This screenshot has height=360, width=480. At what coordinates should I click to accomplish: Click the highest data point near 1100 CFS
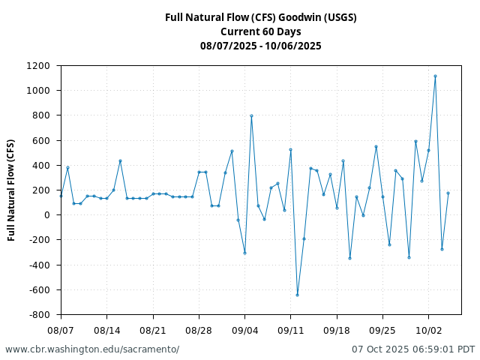click(435, 76)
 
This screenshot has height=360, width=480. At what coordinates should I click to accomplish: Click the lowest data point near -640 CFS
click(297, 295)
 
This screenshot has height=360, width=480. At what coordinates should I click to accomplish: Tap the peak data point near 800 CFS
click(251, 115)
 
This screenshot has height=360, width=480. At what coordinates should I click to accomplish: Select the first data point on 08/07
click(61, 196)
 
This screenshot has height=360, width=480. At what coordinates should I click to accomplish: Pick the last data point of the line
click(448, 193)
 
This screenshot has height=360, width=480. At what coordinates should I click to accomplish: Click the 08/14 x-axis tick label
click(106, 330)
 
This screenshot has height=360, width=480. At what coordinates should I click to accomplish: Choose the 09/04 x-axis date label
click(244, 330)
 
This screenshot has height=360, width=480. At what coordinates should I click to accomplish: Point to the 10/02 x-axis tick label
click(428, 330)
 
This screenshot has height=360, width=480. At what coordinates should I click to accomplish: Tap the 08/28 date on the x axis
click(199, 330)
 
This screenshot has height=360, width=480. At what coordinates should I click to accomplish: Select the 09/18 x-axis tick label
click(337, 330)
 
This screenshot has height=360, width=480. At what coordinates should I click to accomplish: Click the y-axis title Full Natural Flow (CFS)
click(11, 190)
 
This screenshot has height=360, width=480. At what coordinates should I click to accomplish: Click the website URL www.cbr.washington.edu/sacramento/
click(92, 349)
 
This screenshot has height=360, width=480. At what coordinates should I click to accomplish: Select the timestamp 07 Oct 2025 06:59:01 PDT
click(413, 349)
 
